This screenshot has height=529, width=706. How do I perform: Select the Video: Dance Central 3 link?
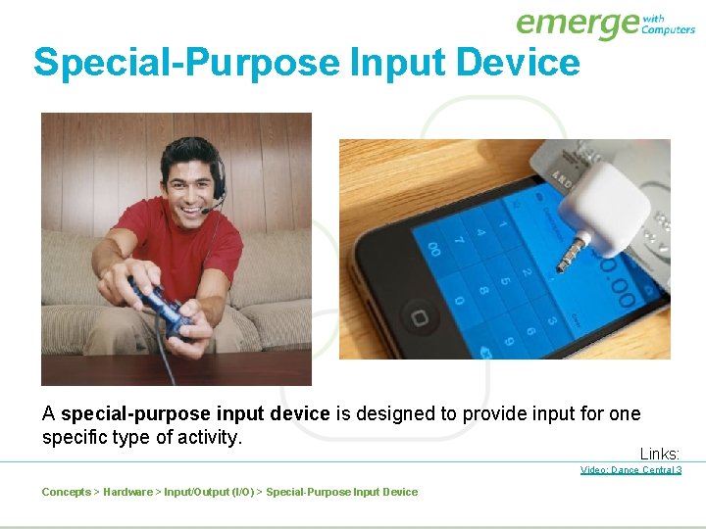[630, 470]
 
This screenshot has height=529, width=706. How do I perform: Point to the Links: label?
[660, 454]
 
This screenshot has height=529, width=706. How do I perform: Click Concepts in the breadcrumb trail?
[66, 492]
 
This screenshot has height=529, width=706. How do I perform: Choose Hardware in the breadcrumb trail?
[127, 492]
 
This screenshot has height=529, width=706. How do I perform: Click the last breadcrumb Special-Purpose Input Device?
[341, 492]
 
